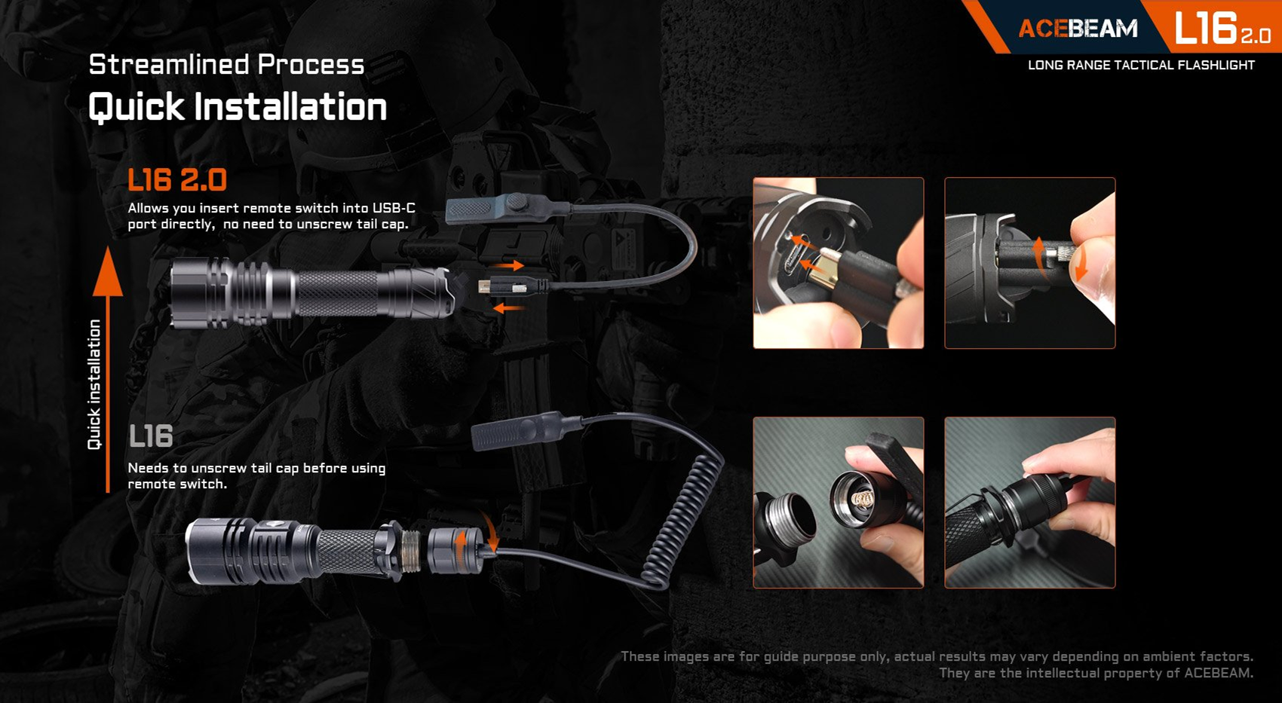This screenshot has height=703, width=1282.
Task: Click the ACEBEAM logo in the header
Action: pyautogui.click(x=1078, y=29)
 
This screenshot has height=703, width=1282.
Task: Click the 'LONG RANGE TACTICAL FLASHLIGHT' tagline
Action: pyautogui.click(x=1141, y=66)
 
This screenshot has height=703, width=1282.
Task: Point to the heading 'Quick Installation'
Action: pyautogui.click(x=238, y=107)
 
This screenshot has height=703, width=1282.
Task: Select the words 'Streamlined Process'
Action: pyautogui.click(x=227, y=64)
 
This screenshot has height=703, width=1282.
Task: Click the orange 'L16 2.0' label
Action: pyautogui.click(x=177, y=179)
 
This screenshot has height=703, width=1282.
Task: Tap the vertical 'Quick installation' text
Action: pyautogui.click(x=94, y=384)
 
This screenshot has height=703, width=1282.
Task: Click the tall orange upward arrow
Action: pyautogui.click(x=108, y=369)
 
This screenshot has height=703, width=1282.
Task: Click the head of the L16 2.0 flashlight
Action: pyautogui.click(x=201, y=293)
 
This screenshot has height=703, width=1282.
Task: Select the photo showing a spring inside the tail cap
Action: pyautogui.click(x=839, y=503)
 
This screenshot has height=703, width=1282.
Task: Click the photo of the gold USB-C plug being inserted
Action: pyautogui.click(x=839, y=262)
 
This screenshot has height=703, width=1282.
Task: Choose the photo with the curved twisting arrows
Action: pyautogui.click(x=1029, y=262)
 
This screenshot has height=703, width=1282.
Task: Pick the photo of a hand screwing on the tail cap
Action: pyautogui.click(x=1029, y=503)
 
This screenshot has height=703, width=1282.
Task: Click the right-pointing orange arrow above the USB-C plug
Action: pyautogui.click(x=508, y=265)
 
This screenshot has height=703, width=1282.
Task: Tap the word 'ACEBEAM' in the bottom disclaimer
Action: pyautogui.click(x=1218, y=673)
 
